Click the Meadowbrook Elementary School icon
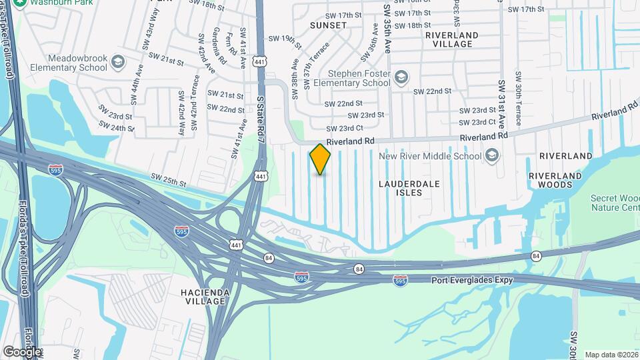(x=118, y=63)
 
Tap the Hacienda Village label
(x=205, y=297)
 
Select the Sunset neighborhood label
(x=328, y=25)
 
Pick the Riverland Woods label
(x=555, y=180)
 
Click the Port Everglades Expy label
(x=472, y=280)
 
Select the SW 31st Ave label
(x=501, y=104)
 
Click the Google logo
(x=21, y=351)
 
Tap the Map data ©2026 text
(x=611, y=355)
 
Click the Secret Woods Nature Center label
(x=615, y=203)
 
